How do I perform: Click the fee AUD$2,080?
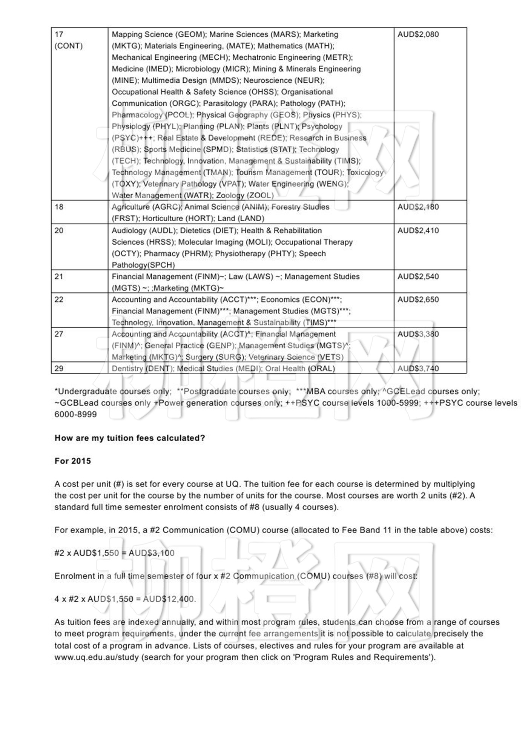pyautogui.click(x=418, y=34)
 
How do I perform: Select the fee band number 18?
pyautogui.click(x=59, y=207)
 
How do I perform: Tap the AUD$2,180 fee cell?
pyautogui.click(x=418, y=207)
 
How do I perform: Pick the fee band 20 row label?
pyautogui.click(x=59, y=230)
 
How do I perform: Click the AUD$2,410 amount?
pyautogui.click(x=418, y=230)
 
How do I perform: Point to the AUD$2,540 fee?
pyautogui.click(x=418, y=276)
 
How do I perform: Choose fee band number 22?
pyautogui.click(x=59, y=299)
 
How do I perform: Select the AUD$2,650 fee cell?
pyautogui.click(x=418, y=299)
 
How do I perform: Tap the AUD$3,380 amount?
pyautogui.click(x=418, y=334)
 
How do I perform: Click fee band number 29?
pyautogui.click(x=59, y=368)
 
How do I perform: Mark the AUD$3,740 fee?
pyautogui.click(x=418, y=368)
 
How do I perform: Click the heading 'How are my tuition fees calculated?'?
pyautogui.click(x=130, y=438)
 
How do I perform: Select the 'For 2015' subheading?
pyautogui.click(x=73, y=461)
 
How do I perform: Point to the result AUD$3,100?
pyautogui.click(x=152, y=553)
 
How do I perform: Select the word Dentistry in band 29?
pyautogui.click(x=127, y=369)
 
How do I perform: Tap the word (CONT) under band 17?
pyautogui.click(x=69, y=46)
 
